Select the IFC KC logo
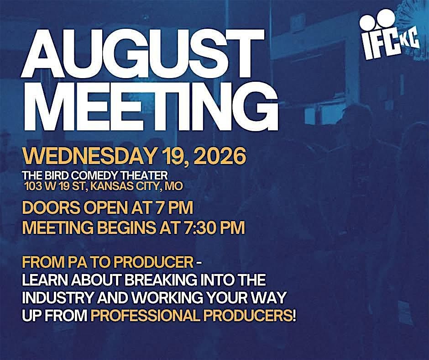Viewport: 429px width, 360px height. [388, 34]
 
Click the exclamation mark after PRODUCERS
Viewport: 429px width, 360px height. [294, 316]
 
